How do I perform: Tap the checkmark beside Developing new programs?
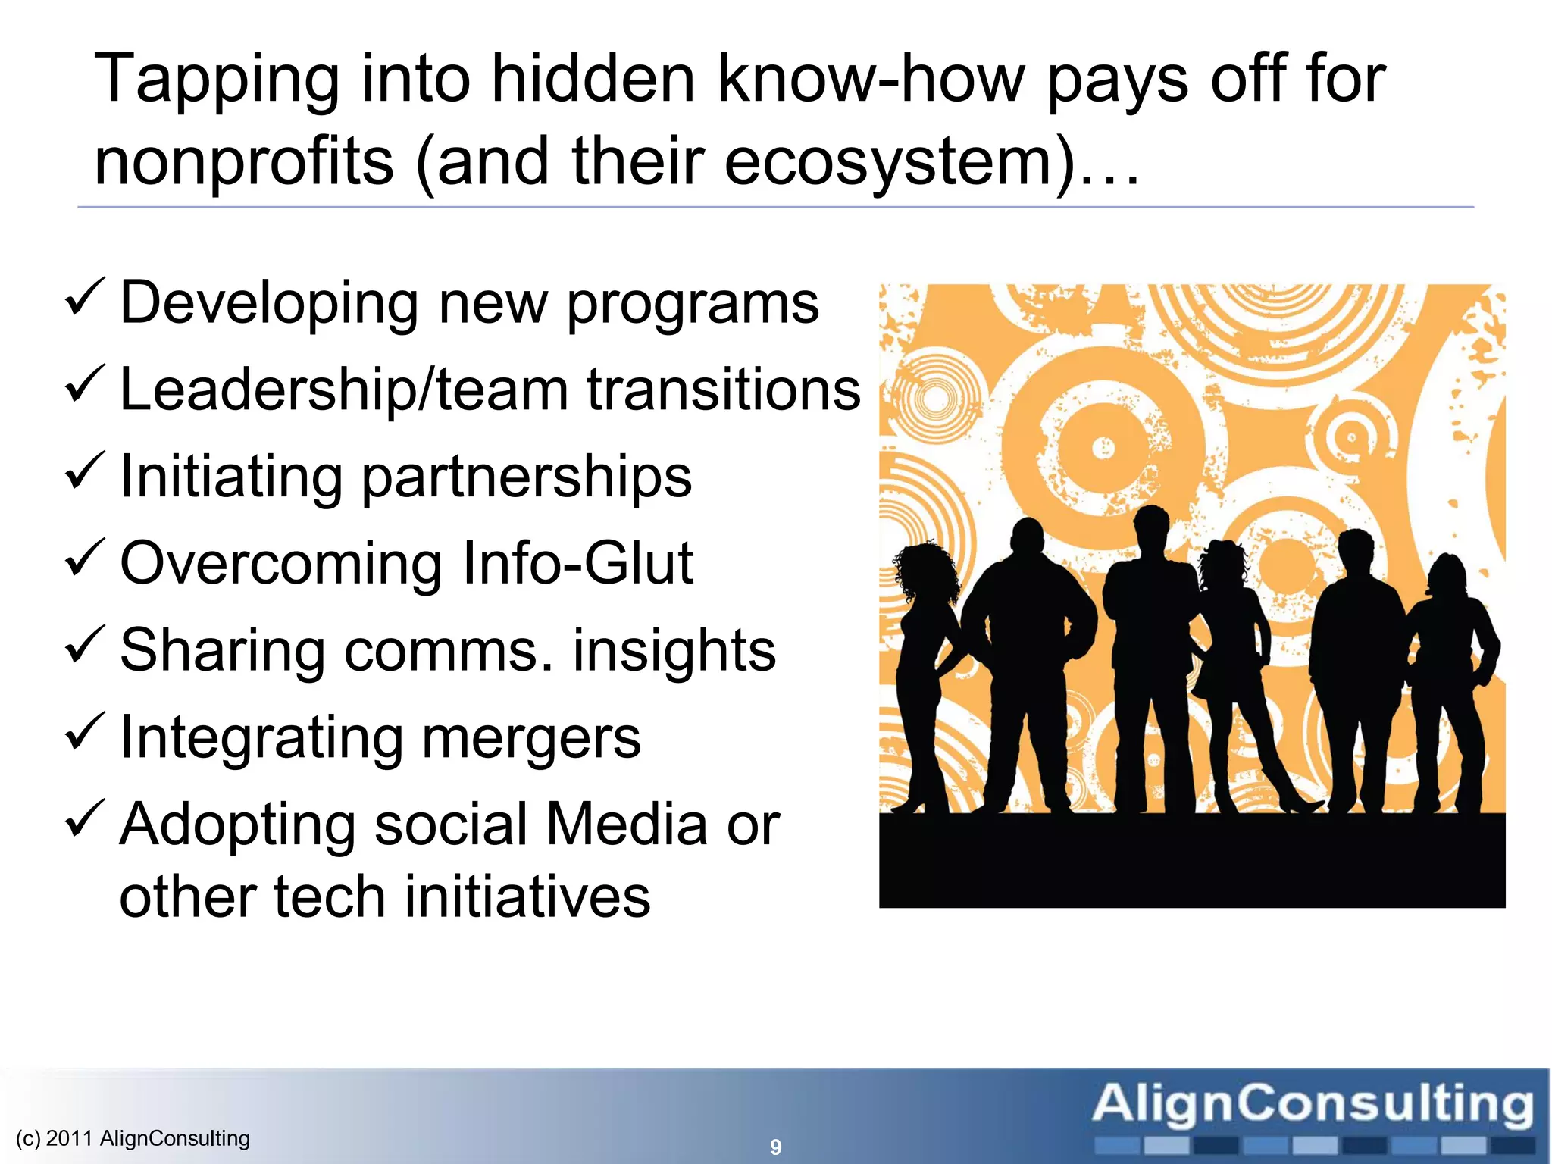84,299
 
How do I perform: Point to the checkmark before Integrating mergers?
84,733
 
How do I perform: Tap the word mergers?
530,738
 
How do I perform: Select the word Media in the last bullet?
626,824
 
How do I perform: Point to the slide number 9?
775,1147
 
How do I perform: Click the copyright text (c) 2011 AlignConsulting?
133,1138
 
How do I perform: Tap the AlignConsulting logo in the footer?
1313,1114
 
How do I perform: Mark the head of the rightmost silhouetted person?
1448,576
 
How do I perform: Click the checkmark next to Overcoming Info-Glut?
84,559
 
